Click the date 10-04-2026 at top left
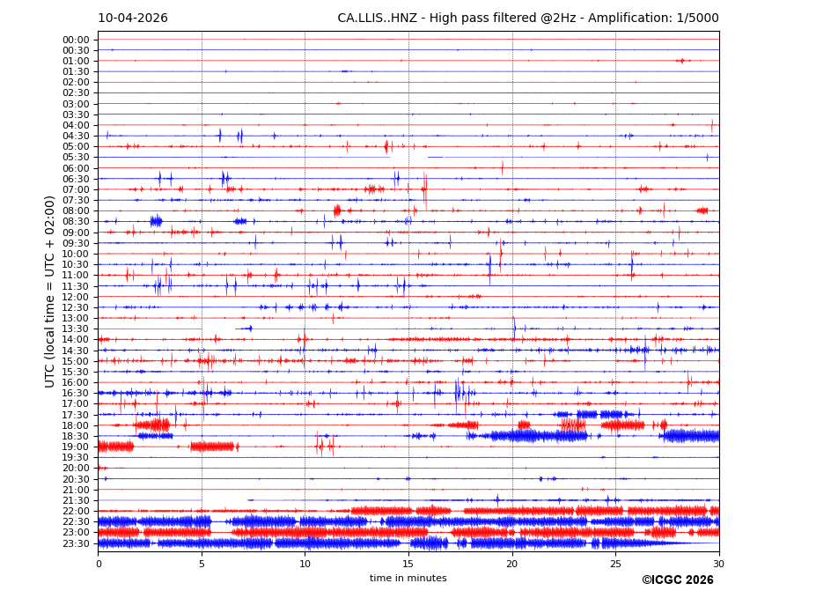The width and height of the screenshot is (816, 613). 132,18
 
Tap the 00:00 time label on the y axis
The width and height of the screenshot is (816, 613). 76,40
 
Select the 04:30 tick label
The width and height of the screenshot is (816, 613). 76,136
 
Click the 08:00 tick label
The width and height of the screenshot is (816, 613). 76,210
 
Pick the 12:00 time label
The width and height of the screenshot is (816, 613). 76,297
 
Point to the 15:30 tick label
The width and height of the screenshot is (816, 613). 76,372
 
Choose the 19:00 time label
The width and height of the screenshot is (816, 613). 76,447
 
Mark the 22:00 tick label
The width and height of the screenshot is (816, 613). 76,511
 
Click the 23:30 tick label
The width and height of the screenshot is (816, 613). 76,543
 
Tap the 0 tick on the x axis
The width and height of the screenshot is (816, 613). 98,564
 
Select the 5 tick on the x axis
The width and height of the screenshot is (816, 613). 202,564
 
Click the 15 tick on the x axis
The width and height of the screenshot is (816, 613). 408,564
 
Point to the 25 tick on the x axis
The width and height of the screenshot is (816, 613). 615,564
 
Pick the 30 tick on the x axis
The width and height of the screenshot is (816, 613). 719,564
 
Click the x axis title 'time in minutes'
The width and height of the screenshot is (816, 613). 408,579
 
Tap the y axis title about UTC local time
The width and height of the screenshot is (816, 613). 50,291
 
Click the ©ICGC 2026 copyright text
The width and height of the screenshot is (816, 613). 677,580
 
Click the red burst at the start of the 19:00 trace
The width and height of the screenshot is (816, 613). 115,447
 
